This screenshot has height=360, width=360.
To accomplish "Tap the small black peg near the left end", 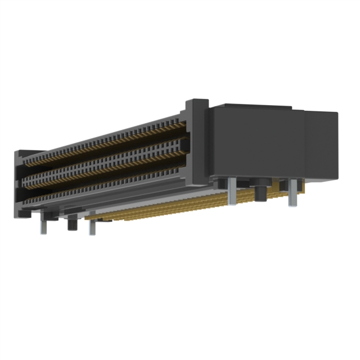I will tap(71, 223).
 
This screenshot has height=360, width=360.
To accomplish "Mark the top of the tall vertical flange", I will tap(197, 103).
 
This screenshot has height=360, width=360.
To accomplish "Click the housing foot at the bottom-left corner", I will tap(25, 213).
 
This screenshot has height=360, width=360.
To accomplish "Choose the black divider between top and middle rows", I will tap(107, 155).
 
